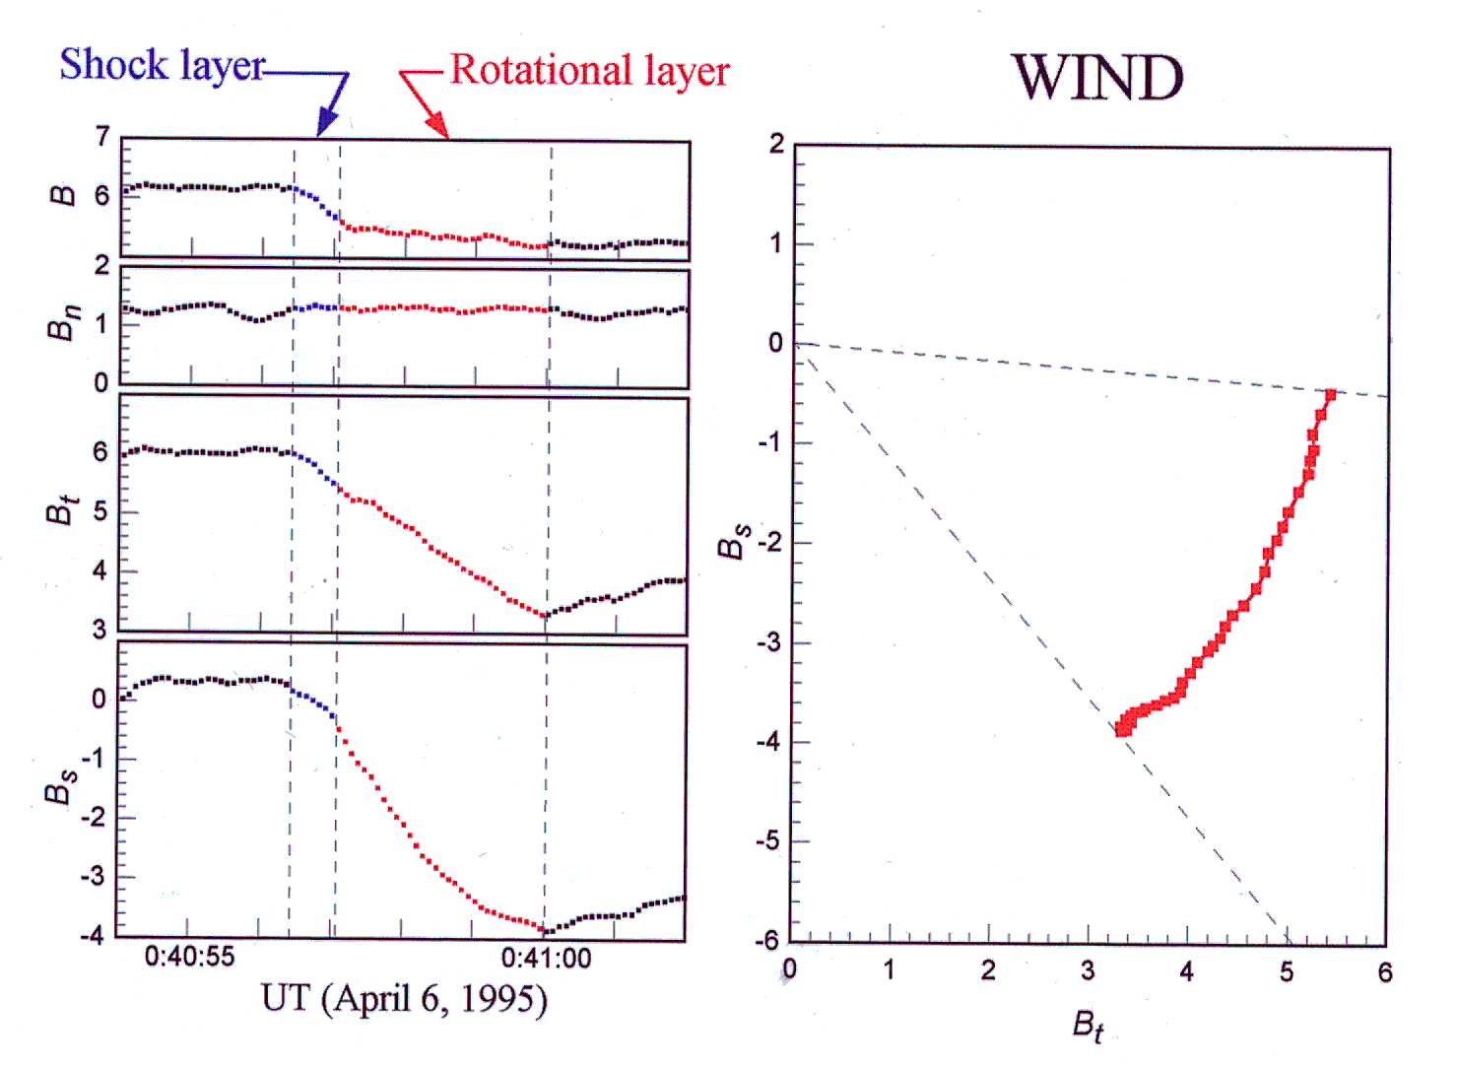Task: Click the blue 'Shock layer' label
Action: [x=162, y=66]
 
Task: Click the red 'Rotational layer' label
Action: [x=589, y=71]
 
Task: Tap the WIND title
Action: [x=1096, y=78]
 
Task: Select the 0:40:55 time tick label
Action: [x=189, y=957]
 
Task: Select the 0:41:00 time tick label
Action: [x=546, y=958]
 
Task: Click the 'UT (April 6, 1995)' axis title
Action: [x=404, y=999]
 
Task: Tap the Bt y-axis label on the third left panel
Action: [x=62, y=511]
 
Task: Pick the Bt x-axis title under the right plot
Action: [x=1088, y=1026]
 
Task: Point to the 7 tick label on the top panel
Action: [x=101, y=136]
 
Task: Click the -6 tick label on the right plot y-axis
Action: [x=768, y=941]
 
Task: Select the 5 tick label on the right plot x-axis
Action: [x=1287, y=972]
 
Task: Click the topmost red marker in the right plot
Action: [x=1330, y=395]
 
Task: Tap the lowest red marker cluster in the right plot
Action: [x=1124, y=727]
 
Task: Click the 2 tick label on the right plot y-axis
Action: [x=776, y=145]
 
